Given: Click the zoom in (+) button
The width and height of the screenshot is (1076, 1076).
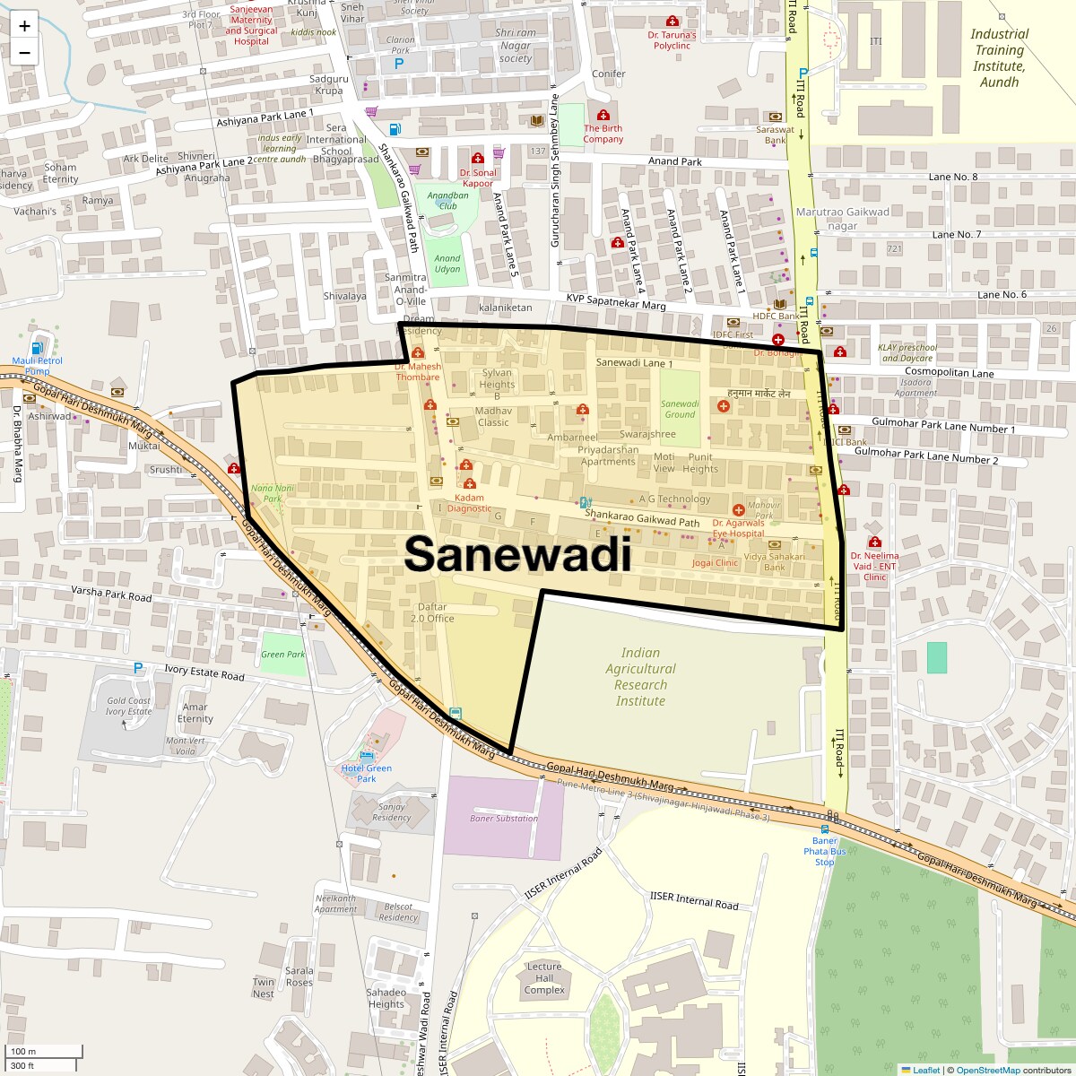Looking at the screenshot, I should click(24, 26).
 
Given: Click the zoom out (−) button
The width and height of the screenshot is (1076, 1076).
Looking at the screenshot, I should click(24, 52).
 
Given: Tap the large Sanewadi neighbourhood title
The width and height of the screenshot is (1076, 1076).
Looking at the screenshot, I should click(517, 554).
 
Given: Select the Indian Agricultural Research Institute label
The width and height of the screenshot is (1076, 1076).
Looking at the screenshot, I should click(640, 677).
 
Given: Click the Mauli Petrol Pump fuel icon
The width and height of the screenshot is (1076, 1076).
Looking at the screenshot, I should click(37, 348).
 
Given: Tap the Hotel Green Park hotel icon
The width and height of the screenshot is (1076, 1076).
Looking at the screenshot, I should click(366, 758).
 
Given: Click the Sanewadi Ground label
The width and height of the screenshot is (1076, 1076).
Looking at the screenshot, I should click(680, 409).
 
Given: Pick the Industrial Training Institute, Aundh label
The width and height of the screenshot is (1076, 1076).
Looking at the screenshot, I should click(999, 58).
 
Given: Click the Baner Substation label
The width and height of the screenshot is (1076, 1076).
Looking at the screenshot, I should click(504, 818).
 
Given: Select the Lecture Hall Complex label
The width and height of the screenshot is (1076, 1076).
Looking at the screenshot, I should click(544, 978).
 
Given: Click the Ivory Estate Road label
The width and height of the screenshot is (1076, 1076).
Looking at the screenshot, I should click(204, 672).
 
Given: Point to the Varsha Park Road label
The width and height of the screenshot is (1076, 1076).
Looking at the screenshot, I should click(112, 594).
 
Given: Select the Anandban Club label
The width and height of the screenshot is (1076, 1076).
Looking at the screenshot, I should click(447, 200).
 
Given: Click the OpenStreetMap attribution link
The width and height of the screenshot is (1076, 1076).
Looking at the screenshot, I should click(987, 1070).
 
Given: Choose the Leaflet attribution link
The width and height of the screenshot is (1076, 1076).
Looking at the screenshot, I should click(925, 1070).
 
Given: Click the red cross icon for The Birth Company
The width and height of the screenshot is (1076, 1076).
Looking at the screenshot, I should click(603, 116).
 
